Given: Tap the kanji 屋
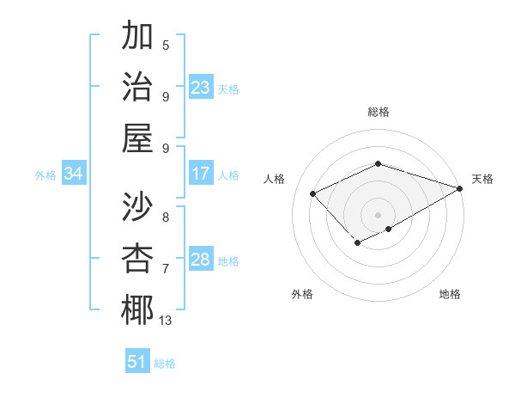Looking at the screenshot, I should click(x=137, y=137).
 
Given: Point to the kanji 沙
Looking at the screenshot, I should click(x=137, y=207).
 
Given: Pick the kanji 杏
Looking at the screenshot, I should click(x=137, y=258).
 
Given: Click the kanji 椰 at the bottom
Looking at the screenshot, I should click(x=137, y=309).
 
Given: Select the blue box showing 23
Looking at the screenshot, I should click(x=201, y=87).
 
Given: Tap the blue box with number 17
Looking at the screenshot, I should click(x=201, y=174).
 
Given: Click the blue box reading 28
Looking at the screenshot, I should click(x=201, y=260).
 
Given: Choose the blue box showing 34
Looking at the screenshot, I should click(x=74, y=174).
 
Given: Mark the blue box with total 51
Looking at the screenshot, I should click(x=137, y=362).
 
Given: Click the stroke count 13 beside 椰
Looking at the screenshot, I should click(x=165, y=321).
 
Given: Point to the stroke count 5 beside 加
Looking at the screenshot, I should click(x=166, y=45).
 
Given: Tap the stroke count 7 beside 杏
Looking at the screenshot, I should click(x=166, y=269).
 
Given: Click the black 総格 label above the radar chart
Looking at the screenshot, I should click(x=379, y=112).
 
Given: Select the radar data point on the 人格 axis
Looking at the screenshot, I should click(x=313, y=193).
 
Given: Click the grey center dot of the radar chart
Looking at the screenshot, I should click(x=379, y=214).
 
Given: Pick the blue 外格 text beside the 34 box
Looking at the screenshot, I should click(x=45, y=174).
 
